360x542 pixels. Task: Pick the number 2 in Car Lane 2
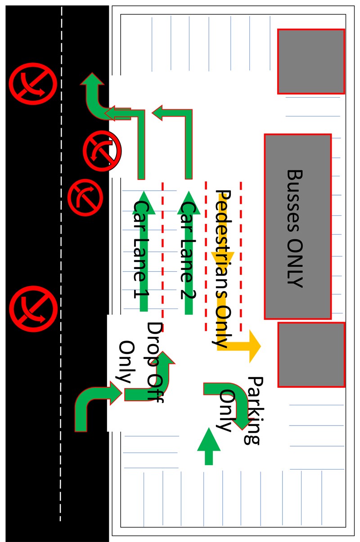coord(188,278)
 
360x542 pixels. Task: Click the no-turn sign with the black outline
coord(102,151)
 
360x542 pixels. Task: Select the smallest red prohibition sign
coord(85,197)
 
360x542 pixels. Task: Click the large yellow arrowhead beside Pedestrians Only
coord(252,346)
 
